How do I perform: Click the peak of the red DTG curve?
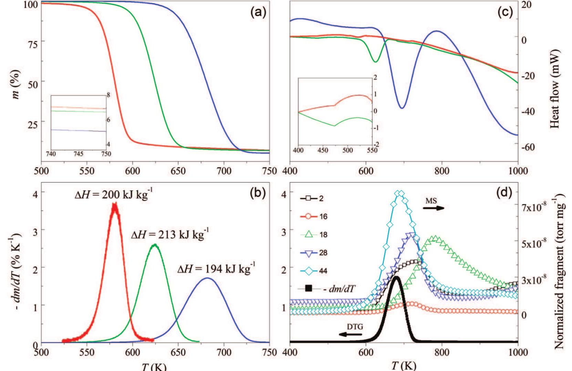coord(115,204)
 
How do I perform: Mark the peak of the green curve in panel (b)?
coord(155,245)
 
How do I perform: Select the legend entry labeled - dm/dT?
coord(320,289)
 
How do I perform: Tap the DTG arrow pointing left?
coord(350,334)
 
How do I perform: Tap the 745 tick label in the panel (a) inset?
coord(78,154)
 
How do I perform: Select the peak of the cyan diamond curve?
coord(400,193)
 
